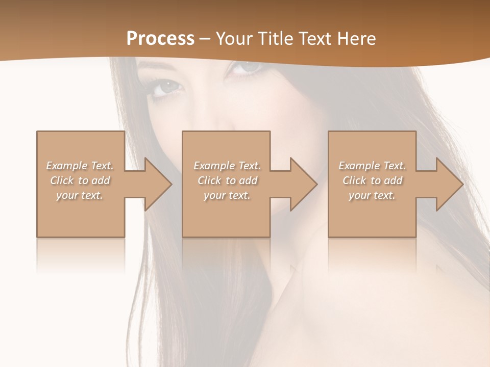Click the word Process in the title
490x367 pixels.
click(x=160, y=39)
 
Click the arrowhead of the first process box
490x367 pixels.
click(x=157, y=184)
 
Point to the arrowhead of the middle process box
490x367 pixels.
click(x=303, y=184)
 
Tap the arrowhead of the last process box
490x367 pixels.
click(x=449, y=184)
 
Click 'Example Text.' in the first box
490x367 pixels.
click(x=80, y=166)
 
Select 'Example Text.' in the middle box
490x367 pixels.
click(x=227, y=166)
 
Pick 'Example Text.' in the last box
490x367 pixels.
click(x=372, y=166)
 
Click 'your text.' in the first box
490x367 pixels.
click(x=80, y=195)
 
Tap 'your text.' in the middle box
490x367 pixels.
click(x=227, y=195)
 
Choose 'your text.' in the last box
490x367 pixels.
click(x=372, y=195)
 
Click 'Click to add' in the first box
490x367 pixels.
click(x=80, y=180)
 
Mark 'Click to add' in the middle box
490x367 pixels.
click(x=227, y=180)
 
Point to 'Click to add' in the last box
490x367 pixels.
click(x=372, y=180)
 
